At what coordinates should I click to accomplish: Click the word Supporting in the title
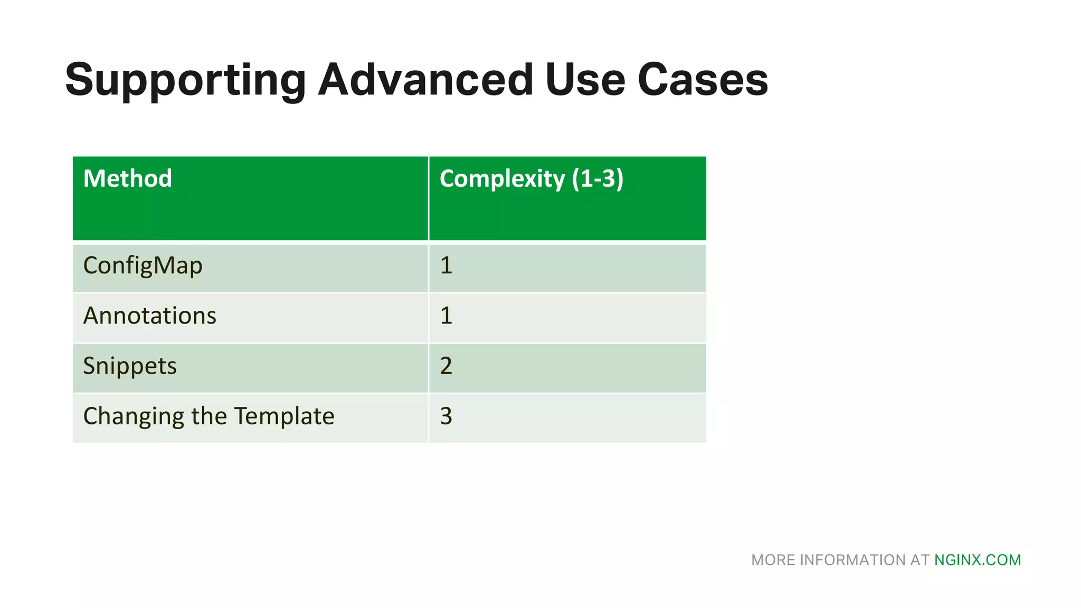(x=185, y=80)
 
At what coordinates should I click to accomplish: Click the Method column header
(x=128, y=178)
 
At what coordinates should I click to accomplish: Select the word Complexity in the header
(x=502, y=179)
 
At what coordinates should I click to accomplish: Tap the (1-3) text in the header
(x=598, y=178)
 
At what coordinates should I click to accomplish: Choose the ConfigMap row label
(x=143, y=265)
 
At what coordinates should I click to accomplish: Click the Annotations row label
(x=150, y=316)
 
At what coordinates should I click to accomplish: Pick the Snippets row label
(x=130, y=366)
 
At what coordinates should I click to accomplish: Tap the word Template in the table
(x=284, y=416)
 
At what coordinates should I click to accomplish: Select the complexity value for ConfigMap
(x=446, y=265)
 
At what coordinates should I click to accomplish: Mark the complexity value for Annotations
(x=446, y=316)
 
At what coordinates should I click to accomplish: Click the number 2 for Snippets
(x=446, y=366)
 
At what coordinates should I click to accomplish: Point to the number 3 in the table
(x=446, y=416)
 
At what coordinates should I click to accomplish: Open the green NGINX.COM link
(x=978, y=560)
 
